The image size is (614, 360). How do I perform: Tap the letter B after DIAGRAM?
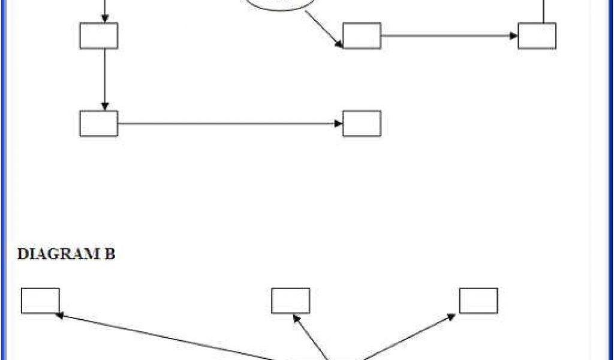point(110,254)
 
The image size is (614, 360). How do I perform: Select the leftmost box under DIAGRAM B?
point(40,301)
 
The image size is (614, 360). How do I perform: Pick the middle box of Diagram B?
point(290,301)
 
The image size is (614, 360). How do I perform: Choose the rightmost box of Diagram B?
point(478,301)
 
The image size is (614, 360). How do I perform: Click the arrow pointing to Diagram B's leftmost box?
point(168,337)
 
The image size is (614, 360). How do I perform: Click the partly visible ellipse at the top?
point(279,5)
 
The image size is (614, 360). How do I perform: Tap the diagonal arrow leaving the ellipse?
point(324,28)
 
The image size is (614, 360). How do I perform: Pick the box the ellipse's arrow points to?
point(362,36)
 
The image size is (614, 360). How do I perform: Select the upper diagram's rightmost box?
point(537,36)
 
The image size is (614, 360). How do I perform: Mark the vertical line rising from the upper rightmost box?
point(544,11)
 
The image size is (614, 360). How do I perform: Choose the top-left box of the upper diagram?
point(98,36)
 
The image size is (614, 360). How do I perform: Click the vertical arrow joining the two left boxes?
point(105,79)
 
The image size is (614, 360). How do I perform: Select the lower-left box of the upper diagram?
point(98,124)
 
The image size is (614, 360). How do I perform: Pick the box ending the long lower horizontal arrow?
point(362,124)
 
